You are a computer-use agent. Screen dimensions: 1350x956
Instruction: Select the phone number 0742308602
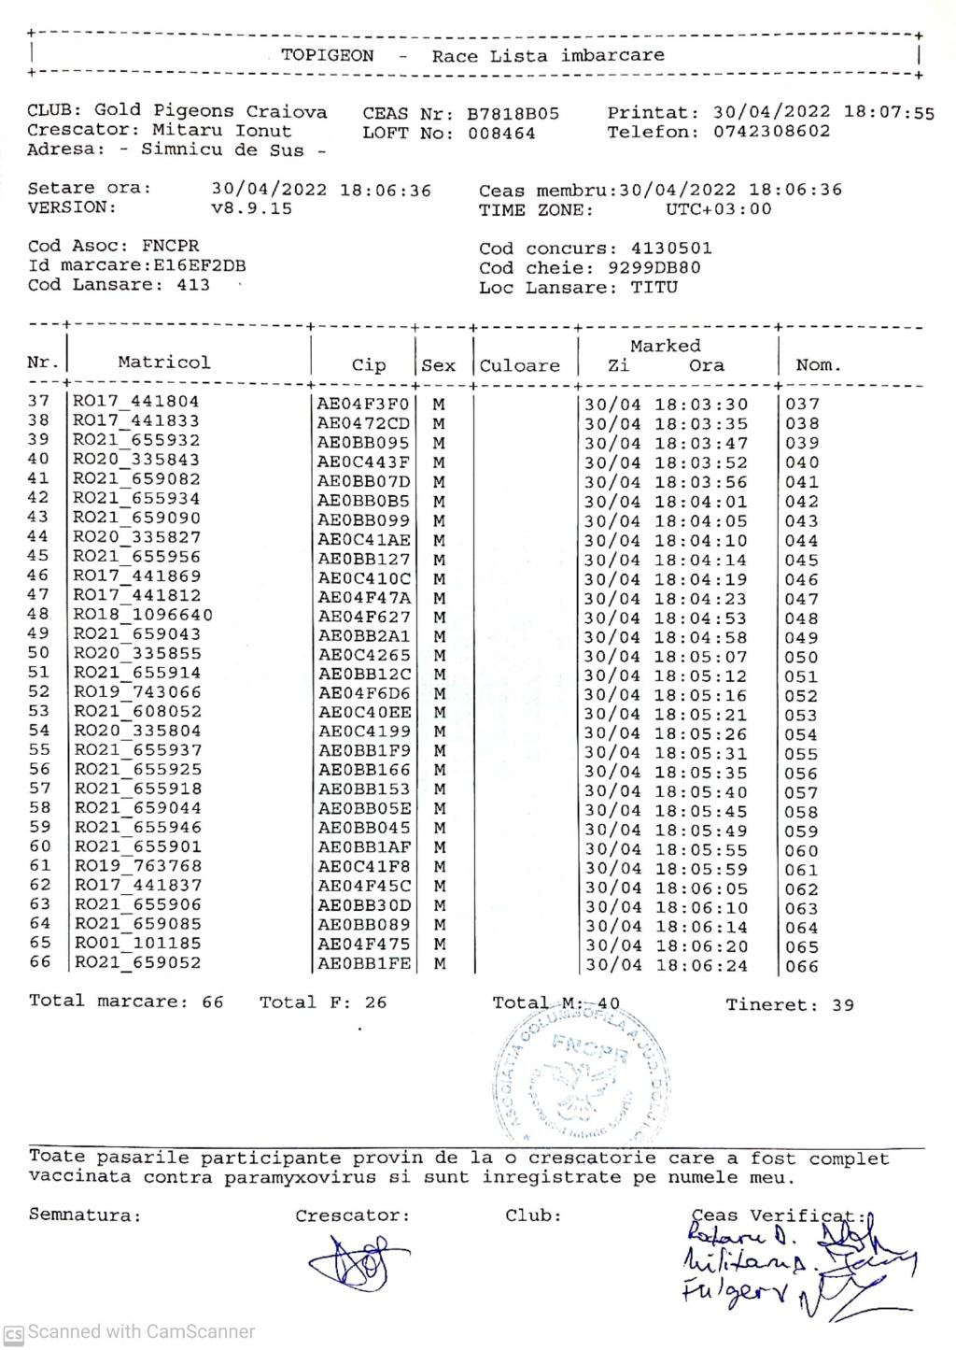coord(771,132)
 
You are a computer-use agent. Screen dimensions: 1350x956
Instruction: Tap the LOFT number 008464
coord(501,133)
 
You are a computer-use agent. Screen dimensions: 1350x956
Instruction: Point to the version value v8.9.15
coord(251,208)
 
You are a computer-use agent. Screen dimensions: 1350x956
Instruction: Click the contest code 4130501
coord(671,249)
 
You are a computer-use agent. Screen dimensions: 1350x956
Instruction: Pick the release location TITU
coord(654,288)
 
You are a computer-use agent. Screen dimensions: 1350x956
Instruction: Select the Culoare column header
coord(520,365)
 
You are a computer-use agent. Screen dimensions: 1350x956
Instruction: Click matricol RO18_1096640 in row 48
coord(143,615)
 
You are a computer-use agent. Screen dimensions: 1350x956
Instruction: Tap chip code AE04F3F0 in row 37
coord(363,404)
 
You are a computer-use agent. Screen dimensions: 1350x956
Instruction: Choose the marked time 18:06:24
coord(701,965)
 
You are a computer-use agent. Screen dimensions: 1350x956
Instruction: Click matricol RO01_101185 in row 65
coord(137,943)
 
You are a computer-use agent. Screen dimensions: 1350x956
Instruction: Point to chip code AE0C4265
coord(363,655)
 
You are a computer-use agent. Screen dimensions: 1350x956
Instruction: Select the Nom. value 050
coord(801,657)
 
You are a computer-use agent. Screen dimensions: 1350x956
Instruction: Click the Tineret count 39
coord(843,1005)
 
